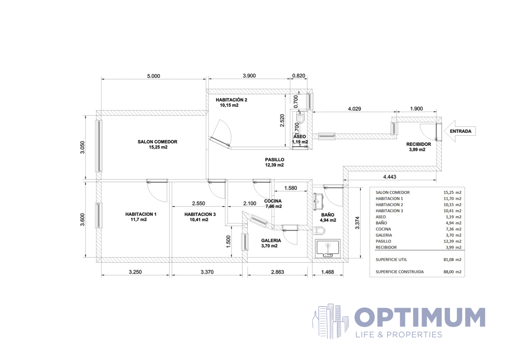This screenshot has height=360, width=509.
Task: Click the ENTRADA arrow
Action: click(460, 131)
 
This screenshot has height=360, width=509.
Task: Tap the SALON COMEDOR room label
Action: click(157, 142)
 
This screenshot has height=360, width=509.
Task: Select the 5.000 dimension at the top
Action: click(154, 76)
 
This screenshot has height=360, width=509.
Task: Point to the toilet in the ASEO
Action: click(300, 117)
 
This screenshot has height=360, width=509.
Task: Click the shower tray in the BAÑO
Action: click(328, 249)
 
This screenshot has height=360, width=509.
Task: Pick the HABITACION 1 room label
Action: click(141, 214)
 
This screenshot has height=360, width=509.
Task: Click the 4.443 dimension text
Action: click(390, 177)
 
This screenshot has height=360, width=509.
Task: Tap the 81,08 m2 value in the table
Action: click(452, 259)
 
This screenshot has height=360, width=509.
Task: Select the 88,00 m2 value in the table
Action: click(452, 272)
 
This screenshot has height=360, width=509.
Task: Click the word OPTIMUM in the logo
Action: click(420, 317)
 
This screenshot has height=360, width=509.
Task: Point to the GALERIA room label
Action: click(271, 240)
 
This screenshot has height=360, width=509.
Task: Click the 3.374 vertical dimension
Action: click(357, 223)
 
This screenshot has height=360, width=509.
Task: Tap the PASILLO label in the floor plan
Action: click(274, 160)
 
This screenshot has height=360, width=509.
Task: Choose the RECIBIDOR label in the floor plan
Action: click(419, 144)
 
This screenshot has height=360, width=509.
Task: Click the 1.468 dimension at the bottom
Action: click(327, 272)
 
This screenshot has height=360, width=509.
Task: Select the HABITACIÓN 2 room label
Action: click(231, 100)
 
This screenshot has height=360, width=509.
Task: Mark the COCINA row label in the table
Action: click(383, 229)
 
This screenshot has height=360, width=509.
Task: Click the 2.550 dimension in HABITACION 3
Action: click(198, 203)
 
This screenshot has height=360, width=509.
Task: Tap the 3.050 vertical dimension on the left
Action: click(82, 147)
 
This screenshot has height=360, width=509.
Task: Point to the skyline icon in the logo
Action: click(330, 321)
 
